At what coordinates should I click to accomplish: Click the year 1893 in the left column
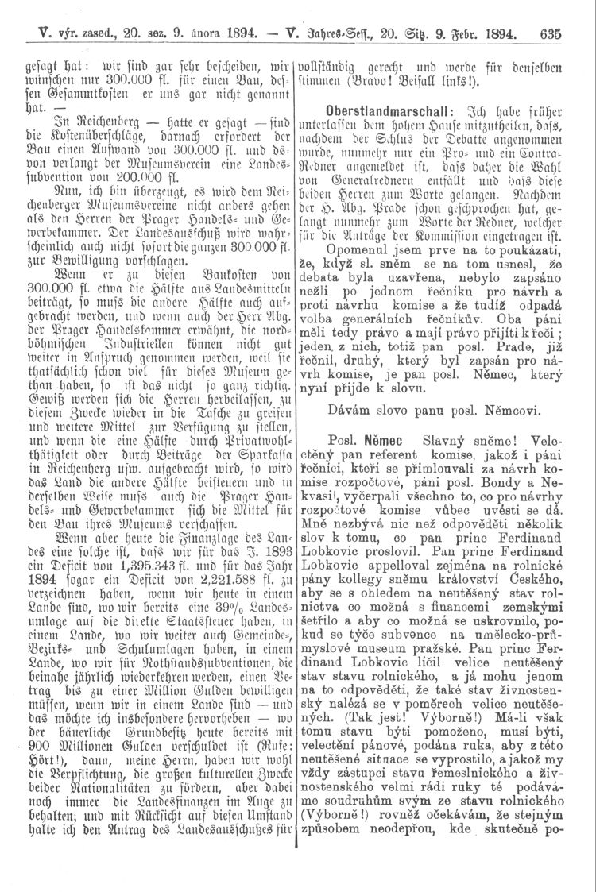(x=270, y=618)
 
